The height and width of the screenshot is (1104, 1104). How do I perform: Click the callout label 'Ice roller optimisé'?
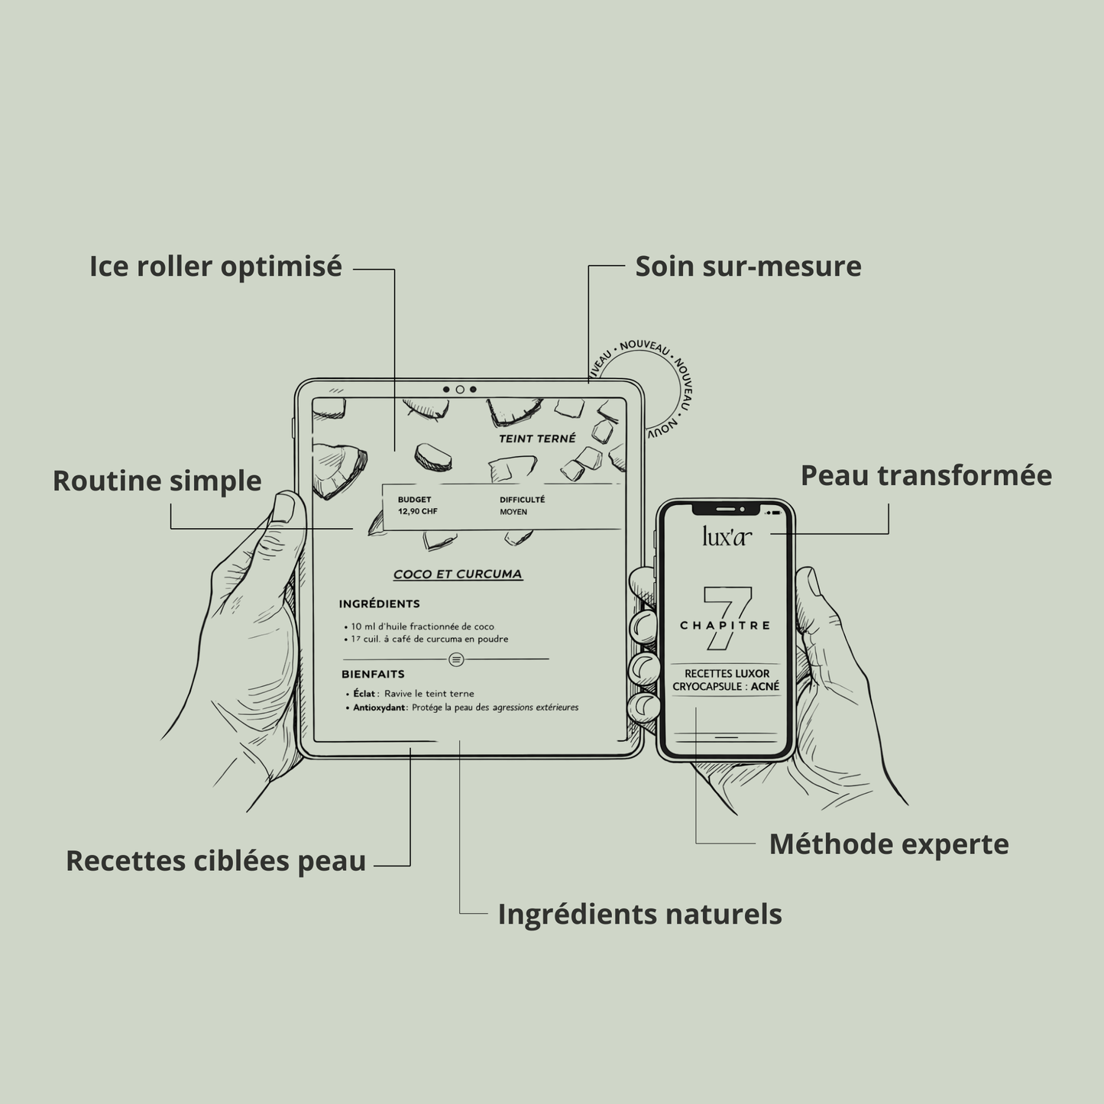tap(215, 267)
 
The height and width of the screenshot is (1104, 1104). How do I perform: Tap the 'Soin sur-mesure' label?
tap(748, 267)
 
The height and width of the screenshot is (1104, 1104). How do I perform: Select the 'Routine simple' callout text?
tap(157, 481)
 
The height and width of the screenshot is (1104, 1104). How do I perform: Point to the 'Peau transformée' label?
tap(926, 475)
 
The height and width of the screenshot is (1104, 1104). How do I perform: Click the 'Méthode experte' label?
tap(889, 844)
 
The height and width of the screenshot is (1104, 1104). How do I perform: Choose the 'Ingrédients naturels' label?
tap(639, 914)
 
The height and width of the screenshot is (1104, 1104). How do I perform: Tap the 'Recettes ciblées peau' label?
tap(215, 861)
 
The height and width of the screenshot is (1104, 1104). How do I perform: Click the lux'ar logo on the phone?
tap(727, 537)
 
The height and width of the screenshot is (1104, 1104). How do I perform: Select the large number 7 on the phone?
tap(728, 617)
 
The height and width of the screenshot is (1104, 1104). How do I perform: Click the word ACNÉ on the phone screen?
tap(765, 687)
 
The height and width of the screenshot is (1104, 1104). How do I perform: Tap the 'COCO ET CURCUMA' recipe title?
tap(458, 575)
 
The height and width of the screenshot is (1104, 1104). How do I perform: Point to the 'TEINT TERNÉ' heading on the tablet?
tap(537, 439)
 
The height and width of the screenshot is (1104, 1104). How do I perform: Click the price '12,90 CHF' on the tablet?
tap(417, 512)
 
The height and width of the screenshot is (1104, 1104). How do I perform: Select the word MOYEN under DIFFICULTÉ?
tap(513, 512)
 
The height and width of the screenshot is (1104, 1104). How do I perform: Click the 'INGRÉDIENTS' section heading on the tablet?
tap(379, 604)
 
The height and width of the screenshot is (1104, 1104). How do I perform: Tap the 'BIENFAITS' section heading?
tap(373, 675)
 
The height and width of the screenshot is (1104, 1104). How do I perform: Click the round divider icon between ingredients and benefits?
tap(456, 659)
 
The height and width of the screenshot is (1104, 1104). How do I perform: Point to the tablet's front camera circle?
tap(460, 390)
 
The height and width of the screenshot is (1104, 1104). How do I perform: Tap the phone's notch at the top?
tap(726, 507)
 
